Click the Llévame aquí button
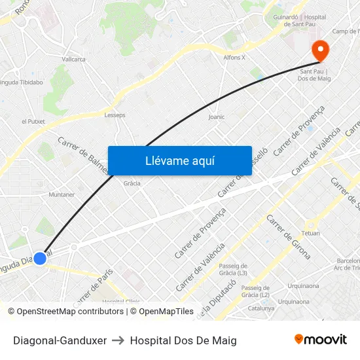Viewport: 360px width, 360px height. (x=179, y=160)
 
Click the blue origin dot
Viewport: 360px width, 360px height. (x=40, y=258)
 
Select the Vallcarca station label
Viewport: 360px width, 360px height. (x=73, y=59)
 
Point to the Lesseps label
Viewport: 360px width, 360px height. (x=115, y=115)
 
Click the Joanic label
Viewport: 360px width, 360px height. (x=216, y=117)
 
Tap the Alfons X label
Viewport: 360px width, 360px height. (x=234, y=58)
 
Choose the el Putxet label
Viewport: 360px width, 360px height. (x=32, y=121)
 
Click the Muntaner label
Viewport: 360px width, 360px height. (x=62, y=194)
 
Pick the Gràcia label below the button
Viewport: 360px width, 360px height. (x=132, y=183)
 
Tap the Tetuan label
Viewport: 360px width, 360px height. (x=311, y=233)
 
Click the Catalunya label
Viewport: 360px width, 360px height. (x=261, y=308)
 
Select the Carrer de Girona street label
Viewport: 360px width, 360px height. (x=289, y=236)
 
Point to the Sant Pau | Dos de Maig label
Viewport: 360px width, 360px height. (x=315, y=75)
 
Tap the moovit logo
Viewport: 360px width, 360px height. (x=320, y=339)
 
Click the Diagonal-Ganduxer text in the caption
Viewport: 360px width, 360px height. (x=60, y=340)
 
